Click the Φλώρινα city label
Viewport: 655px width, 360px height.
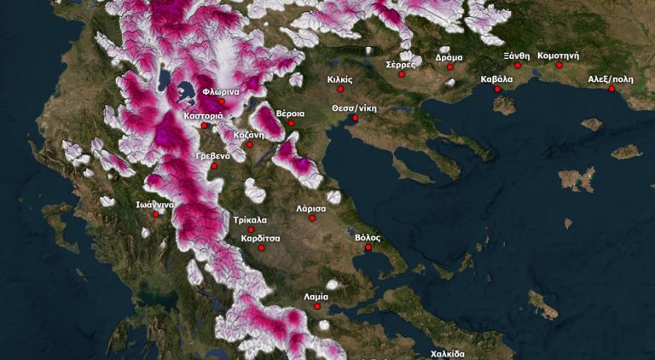(x=220, y=91)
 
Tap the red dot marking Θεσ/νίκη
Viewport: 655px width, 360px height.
(x=355, y=119)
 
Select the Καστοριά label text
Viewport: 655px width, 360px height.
(x=203, y=115)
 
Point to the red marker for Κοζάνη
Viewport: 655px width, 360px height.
(x=250, y=144)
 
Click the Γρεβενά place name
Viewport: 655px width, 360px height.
(x=213, y=156)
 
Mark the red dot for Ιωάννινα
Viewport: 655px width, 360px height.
(x=155, y=214)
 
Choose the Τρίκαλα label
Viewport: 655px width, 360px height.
(x=250, y=219)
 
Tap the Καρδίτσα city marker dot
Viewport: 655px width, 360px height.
(x=261, y=248)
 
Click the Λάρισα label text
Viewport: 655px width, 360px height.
(x=311, y=208)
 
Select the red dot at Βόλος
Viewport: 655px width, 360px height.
(x=368, y=248)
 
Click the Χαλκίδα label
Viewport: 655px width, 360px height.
(x=447, y=353)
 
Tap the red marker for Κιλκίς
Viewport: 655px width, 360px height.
(x=340, y=89)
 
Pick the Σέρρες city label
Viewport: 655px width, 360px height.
(x=400, y=64)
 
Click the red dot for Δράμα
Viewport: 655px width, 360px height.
(x=449, y=67)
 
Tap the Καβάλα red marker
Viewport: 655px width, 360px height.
(x=497, y=89)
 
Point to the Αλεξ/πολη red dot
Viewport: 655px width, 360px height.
(x=612, y=89)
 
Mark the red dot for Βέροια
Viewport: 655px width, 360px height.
(x=291, y=124)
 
